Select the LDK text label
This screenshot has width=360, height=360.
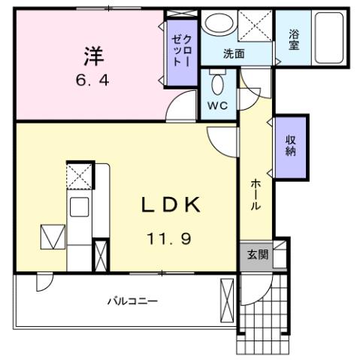pyautogui.click(x=171, y=205)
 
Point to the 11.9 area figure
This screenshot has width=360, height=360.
pyautogui.click(x=170, y=241)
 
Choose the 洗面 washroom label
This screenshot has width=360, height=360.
pyautogui.click(x=234, y=54)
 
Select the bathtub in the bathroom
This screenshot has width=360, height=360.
pyautogui.click(x=328, y=39)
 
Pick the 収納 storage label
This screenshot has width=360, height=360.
pyautogui.click(x=290, y=145)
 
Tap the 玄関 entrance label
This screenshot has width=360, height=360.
pyautogui.click(x=257, y=255)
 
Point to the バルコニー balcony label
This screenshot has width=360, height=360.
pyautogui.click(x=132, y=301)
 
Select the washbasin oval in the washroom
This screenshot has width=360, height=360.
pyautogui.click(x=219, y=26)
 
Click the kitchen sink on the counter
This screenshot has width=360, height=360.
pyautogui.click(x=79, y=207)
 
